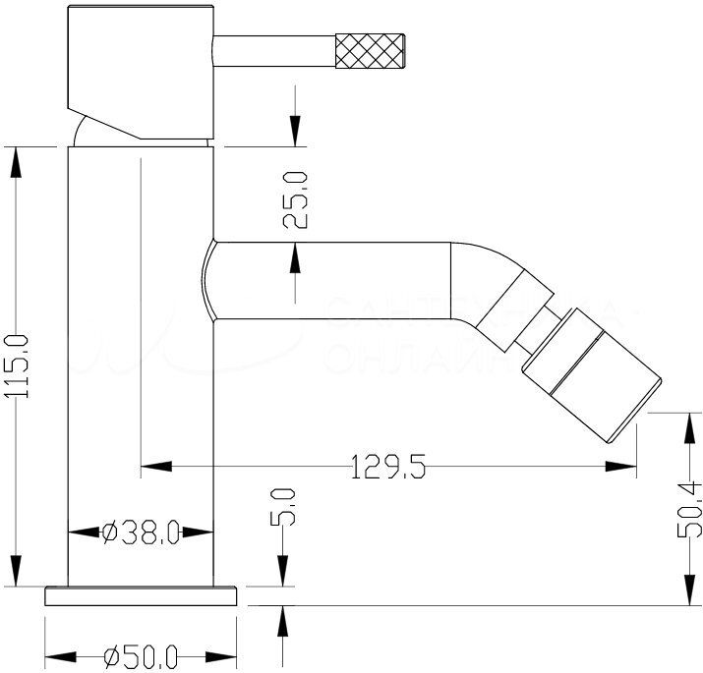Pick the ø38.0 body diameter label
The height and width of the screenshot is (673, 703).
click(140, 533)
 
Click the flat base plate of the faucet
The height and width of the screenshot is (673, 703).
click(143, 595)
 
